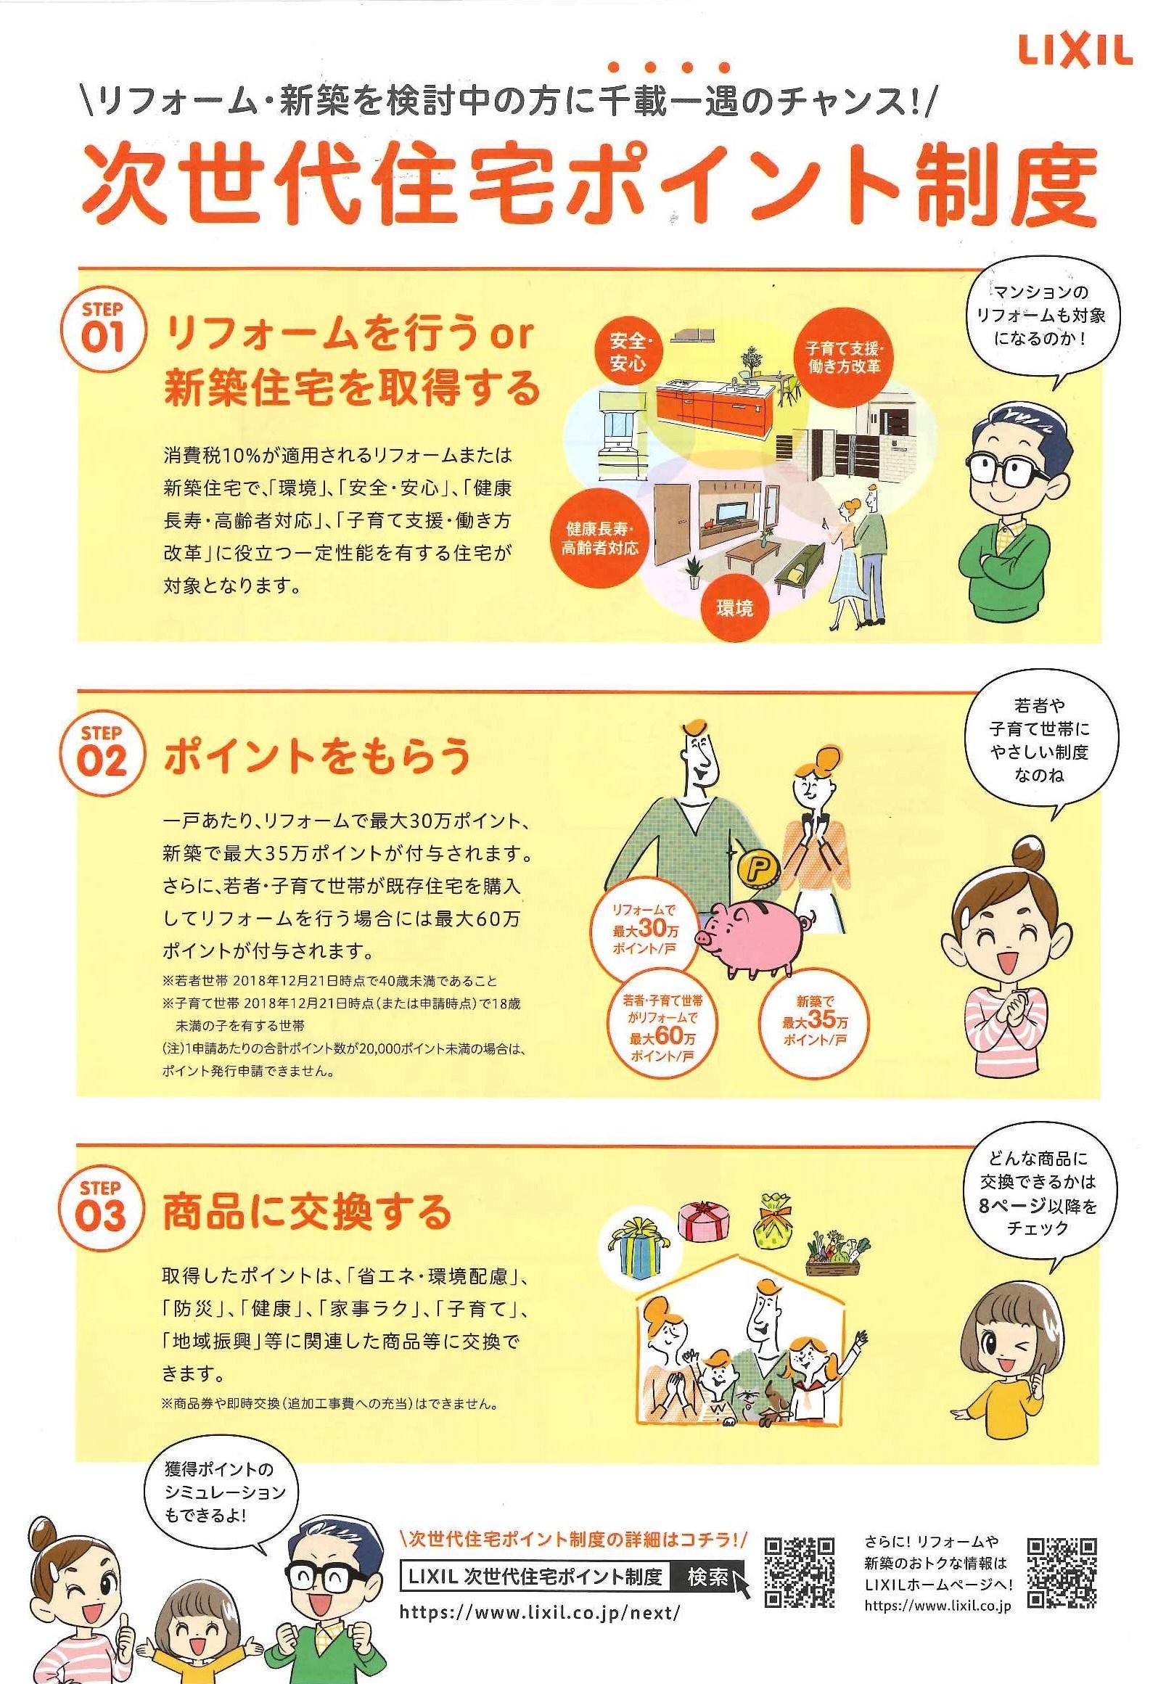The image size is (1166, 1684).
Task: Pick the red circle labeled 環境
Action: click(734, 608)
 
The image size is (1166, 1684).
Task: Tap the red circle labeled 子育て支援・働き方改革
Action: click(844, 356)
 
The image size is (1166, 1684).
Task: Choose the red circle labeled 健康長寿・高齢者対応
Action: click(600, 538)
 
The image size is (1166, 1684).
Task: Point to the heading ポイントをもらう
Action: click(317, 756)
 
